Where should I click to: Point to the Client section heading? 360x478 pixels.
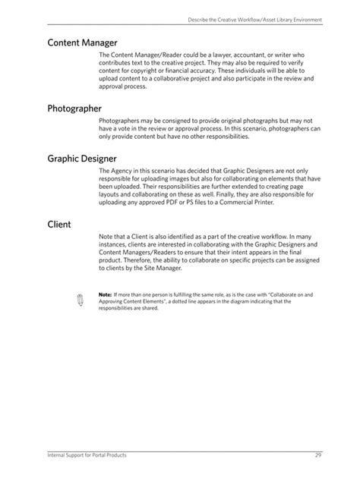point(59,225)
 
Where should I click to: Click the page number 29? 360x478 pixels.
point(319,454)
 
